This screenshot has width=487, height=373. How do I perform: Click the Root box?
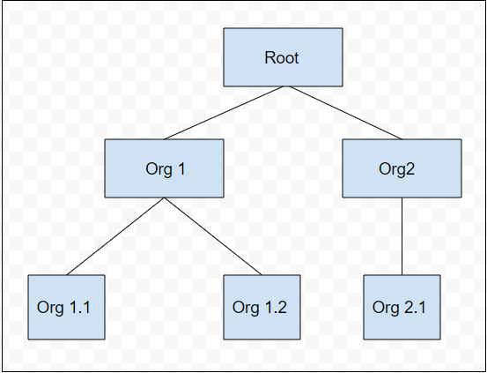click(283, 57)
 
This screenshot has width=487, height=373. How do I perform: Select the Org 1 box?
click(164, 168)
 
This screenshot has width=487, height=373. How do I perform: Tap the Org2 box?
click(402, 168)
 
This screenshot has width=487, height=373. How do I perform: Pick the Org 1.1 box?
click(66, 307)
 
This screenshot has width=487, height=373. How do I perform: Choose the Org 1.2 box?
click(262, 307)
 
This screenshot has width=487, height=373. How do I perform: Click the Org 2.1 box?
click(402, 307)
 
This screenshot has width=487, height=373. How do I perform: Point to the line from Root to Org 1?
click(224, 113)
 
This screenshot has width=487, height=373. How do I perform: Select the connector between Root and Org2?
click(346, 113)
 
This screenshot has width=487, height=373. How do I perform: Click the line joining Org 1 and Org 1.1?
click(115, 236)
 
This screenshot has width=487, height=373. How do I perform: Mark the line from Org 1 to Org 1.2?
click(213, 236)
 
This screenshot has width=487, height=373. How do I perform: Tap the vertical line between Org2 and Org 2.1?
click(402, 236)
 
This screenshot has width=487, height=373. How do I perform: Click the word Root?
click(282, 58)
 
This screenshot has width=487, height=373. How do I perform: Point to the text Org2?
click(396, 169)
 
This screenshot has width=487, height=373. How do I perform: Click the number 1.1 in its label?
click(80, 308)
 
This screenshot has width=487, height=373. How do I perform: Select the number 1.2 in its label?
click(276, 308)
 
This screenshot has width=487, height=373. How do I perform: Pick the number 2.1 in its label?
click(416, 308)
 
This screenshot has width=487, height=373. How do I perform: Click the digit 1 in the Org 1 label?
click(181, 169)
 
